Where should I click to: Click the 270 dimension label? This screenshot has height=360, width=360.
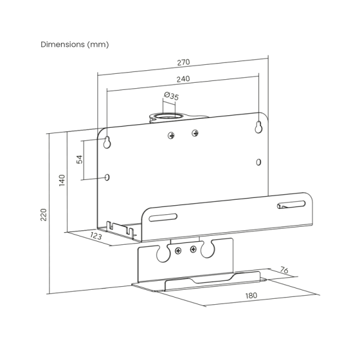point(184,62)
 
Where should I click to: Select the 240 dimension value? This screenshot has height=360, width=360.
point(183,79)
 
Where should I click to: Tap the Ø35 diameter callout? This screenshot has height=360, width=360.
point(172,96)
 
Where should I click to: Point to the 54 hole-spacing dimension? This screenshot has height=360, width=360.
point(79,160)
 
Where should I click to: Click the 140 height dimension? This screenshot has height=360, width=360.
point(62,181)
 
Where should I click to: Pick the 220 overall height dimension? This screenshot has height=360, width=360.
point(43,215)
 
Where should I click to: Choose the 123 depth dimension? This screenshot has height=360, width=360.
point(96,236)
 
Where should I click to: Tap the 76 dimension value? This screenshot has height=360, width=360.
point(284,270)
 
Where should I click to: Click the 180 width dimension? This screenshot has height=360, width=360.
point(251,295)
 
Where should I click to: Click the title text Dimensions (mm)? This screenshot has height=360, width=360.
point(74,44)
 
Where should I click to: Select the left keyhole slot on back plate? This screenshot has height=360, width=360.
point(107,142)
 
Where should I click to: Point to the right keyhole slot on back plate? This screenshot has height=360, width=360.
point(259,127)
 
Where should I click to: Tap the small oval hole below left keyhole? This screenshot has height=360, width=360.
point(107,177)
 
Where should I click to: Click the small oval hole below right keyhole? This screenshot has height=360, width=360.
point(259,163)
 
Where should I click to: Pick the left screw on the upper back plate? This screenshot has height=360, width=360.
point(171,136)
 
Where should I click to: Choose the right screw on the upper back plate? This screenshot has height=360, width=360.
point(195,133)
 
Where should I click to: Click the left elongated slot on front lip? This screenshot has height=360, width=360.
point(163,217)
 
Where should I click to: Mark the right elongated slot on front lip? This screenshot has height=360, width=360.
point(292,205)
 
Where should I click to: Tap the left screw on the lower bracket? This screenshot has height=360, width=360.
point(178,251)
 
